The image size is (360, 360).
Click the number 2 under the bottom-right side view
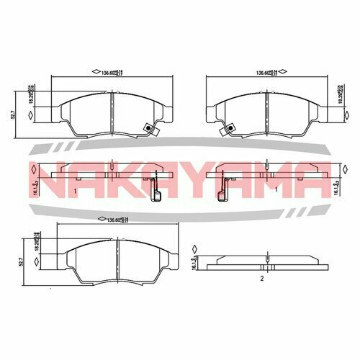263,277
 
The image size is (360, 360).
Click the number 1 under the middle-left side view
75,192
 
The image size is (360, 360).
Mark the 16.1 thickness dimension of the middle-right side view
337,186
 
